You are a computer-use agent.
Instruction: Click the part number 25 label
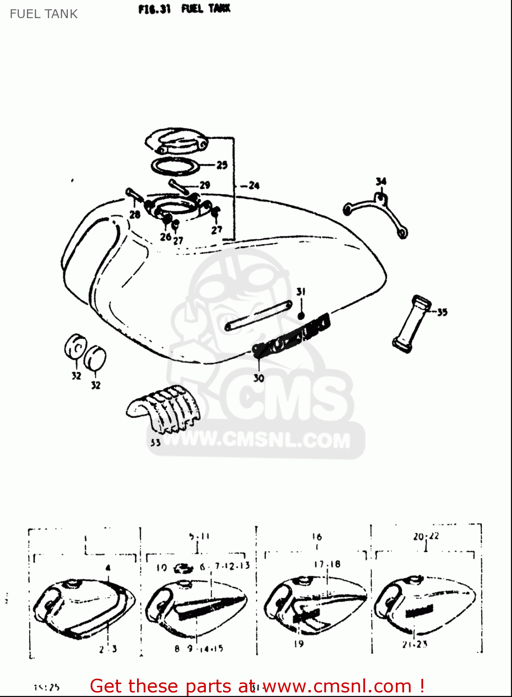[x=222, y=165]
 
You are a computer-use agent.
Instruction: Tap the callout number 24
[x=254, y=185]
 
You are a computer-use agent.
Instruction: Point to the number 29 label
[x=205, y=185]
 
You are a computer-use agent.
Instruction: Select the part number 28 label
[x=135, y=214]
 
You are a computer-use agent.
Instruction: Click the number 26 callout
[x=165, y=237]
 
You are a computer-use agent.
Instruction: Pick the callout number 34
[x=381, y=181]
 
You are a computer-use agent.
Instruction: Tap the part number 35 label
[x=442, y=312]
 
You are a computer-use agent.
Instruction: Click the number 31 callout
[x=301, y=292]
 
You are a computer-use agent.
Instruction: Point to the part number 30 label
[x=259, y=378]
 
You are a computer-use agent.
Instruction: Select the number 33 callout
[x=155, y=443]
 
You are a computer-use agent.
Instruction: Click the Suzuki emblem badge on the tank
[x=292, y=334]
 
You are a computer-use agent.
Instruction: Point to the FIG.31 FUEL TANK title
[x=184, y=9]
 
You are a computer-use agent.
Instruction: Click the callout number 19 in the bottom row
[x=299, y=644]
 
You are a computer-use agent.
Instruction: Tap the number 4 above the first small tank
[x=108, y=568]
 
